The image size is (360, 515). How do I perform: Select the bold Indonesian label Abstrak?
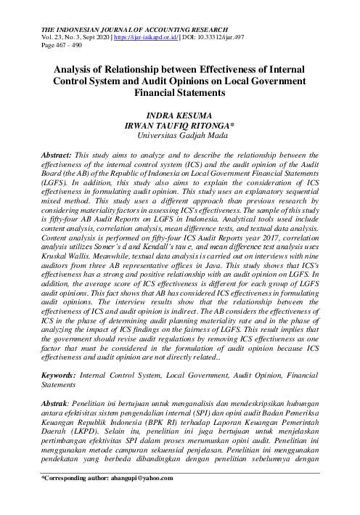57,402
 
